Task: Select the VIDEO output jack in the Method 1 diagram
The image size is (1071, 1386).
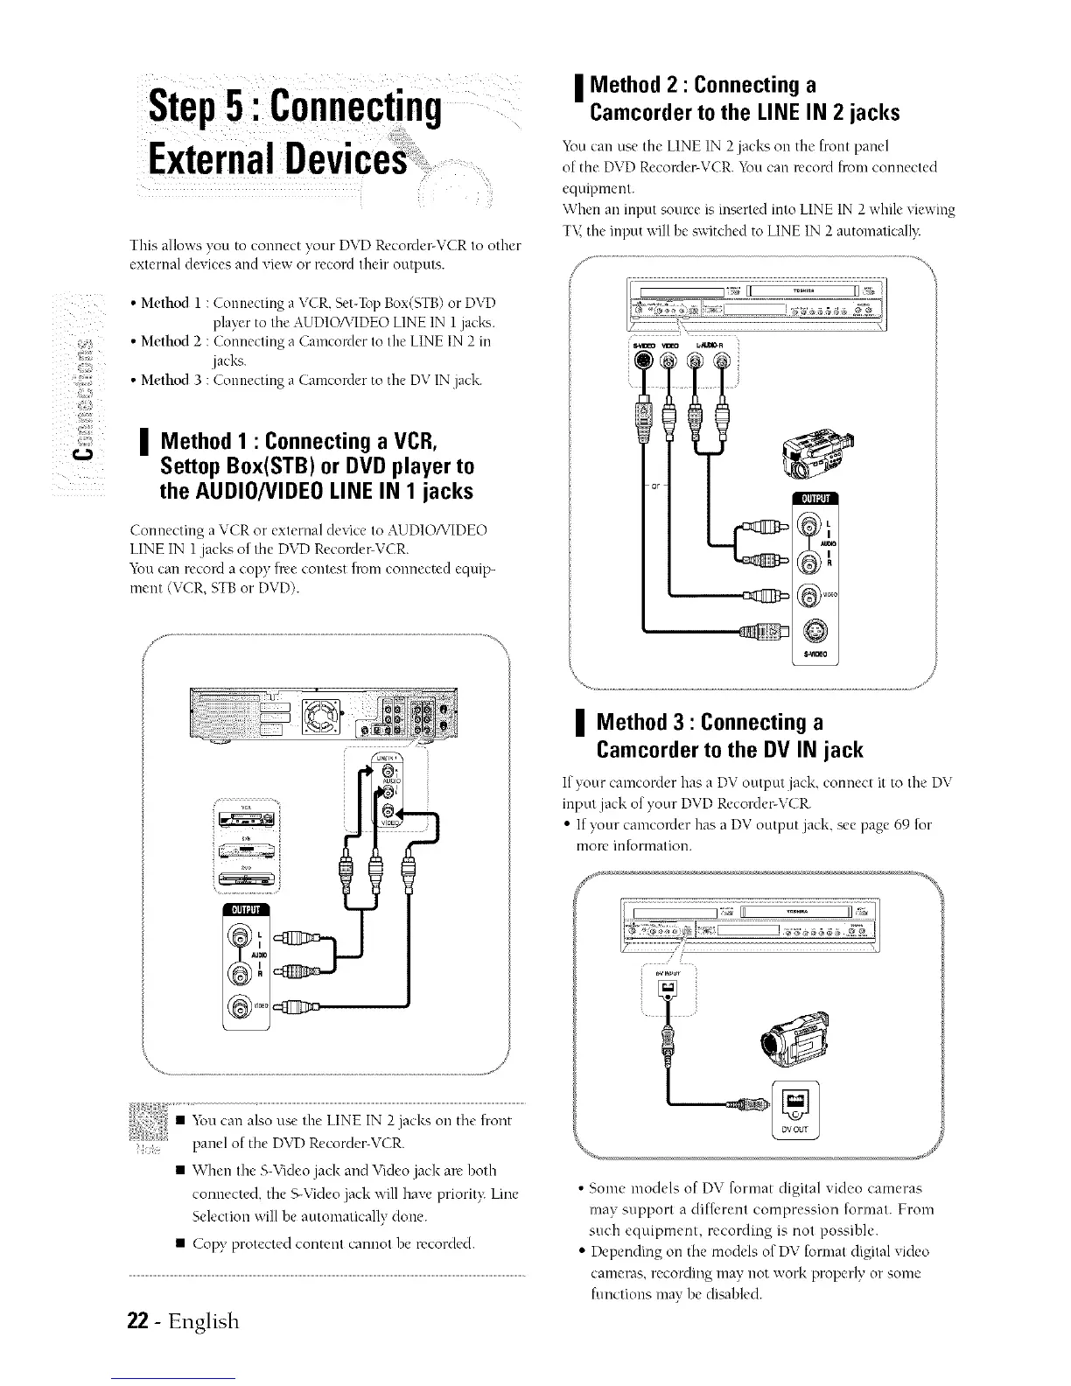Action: pyautogui.click(x=240, y=1006)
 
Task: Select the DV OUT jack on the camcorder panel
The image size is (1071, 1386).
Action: pyautogui.click(x=798, y=1102)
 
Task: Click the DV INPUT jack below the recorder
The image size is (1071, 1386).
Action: pyautogui.click(x=667, y=988)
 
